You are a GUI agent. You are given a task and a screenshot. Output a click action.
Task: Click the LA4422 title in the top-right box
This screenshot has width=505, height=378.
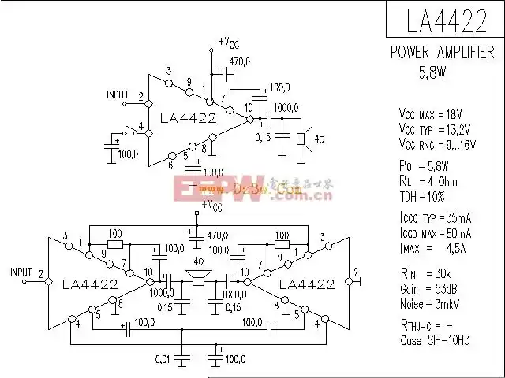tap(446, 21)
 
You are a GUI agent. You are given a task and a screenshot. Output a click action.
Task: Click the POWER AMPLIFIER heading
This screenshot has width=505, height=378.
tap(443, 53)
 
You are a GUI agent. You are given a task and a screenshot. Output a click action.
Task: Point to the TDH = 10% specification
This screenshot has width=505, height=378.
tap(422, 196)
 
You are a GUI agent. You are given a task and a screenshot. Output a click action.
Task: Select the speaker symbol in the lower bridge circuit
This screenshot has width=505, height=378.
tap(197, 278)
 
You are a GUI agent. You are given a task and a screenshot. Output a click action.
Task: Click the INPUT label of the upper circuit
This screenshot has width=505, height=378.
tap(118, 94)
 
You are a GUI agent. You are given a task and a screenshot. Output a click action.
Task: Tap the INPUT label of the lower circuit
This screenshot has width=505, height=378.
tap(21, 272)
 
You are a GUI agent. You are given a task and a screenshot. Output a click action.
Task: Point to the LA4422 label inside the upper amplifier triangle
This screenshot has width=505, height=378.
tap(187, 119)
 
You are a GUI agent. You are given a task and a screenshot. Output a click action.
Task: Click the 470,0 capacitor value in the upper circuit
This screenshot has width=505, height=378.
tap(240, 61)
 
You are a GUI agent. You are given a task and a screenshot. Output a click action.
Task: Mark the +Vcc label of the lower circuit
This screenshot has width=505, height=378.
tap(211, 205)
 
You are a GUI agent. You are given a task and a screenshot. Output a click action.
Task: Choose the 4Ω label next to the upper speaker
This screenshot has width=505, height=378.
tap(320, 139)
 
